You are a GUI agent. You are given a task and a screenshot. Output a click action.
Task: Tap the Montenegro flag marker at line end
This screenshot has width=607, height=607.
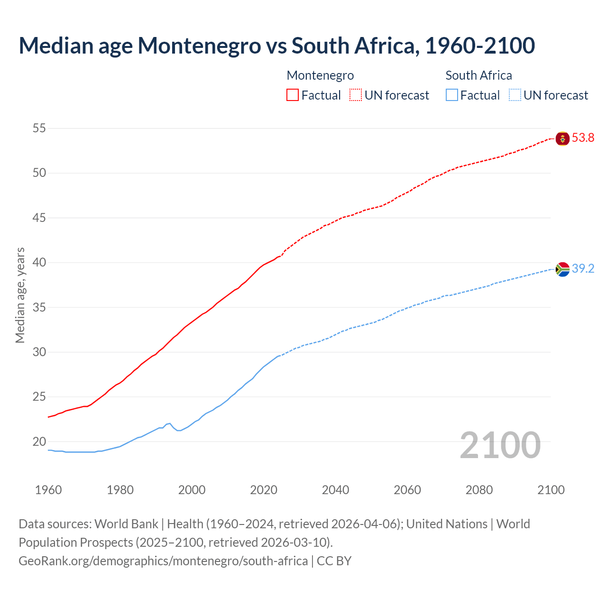[562, 138]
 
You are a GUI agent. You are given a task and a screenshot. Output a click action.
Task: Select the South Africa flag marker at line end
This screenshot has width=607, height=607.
[562, 269]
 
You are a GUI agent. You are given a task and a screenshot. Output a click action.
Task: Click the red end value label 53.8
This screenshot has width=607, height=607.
[583, 138]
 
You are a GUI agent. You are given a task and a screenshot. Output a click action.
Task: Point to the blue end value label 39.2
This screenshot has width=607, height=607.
[583, 269]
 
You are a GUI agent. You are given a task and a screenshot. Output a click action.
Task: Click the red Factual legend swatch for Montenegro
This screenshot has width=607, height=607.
[293, 95]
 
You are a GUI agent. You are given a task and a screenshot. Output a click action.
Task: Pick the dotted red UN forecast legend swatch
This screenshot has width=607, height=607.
[356, 95]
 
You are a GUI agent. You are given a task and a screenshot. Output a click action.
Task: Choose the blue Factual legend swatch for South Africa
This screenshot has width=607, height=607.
[452, 95]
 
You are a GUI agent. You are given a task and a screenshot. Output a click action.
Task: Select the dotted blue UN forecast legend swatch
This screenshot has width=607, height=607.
[515, 95]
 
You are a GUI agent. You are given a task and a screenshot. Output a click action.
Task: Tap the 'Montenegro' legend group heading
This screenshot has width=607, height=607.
[320, 75]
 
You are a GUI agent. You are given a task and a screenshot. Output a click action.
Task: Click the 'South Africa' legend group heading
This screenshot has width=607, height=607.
[478, 75]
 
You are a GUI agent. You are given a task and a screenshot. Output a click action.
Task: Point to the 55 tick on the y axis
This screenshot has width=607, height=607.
[39, 128]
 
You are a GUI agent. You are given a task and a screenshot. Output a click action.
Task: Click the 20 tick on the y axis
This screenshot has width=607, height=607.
[39, 441]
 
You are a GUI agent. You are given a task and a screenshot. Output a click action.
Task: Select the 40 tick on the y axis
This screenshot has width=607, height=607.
[39, 262]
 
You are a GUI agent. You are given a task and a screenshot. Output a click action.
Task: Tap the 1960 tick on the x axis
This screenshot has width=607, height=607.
[48, 490]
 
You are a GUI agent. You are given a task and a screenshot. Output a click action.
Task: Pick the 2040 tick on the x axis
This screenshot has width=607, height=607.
[335, 490]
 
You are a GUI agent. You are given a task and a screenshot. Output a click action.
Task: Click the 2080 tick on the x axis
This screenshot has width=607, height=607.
[479, 490]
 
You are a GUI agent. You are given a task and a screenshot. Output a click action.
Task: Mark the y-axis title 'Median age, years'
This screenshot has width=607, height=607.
[20, 295]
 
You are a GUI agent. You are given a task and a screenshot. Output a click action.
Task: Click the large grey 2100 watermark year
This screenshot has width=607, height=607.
[500, 445]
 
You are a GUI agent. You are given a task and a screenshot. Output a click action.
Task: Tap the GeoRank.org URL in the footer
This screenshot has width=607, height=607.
[163, 561]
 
